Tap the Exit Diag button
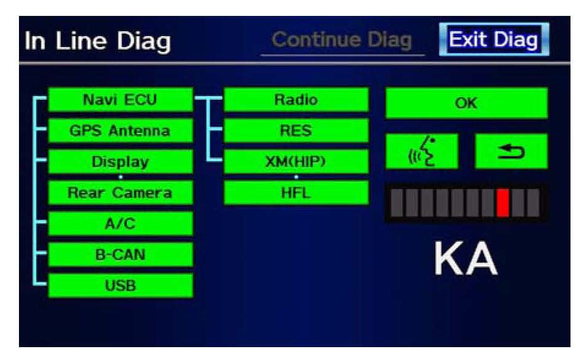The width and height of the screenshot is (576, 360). click(493, 41)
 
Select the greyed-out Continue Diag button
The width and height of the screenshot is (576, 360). click(342, 41)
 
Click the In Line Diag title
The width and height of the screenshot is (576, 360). click(98, 42)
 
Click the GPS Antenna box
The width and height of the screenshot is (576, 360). click(120, 131)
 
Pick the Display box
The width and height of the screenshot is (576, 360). click(120, 162)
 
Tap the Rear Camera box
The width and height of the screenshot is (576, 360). click(120, 193)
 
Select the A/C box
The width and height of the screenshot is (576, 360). click(120, 223)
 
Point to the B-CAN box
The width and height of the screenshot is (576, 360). click(120, 254)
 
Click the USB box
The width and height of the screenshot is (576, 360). click(120, 285)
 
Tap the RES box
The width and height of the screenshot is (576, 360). click(296, 130)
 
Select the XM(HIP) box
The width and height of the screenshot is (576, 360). click(296, 162)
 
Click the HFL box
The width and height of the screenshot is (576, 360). click(296, 192)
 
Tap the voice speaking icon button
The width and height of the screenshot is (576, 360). click(422, 151)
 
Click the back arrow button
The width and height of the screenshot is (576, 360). click(511, 151)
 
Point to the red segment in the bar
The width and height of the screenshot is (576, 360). click(503, 203)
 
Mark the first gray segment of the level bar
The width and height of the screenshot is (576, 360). click(393, 203)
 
